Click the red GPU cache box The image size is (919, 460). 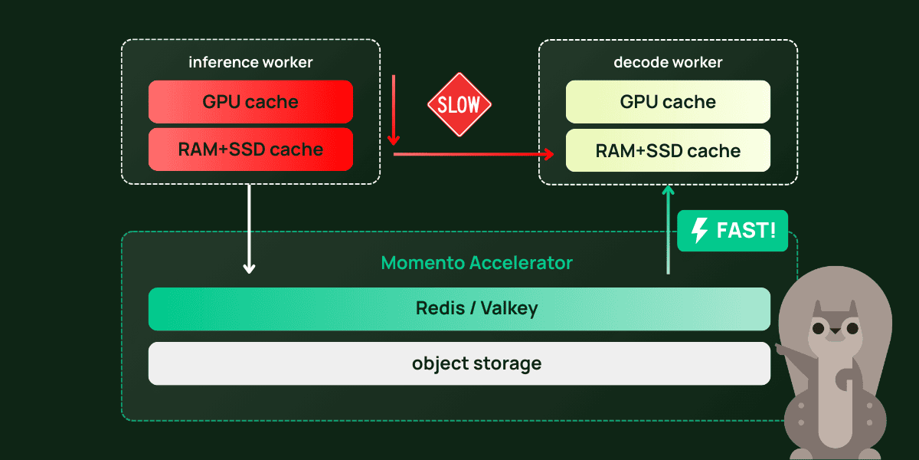point(250,102)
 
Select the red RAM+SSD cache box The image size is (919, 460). point(250,149)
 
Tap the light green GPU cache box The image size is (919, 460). point(668,102)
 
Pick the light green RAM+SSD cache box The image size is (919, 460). point(668,150)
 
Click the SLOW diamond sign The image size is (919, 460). point(459,105)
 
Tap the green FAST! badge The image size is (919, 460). point(732,231)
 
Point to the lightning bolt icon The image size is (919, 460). point(699,231)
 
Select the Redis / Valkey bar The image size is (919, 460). point(459,309)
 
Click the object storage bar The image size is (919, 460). point(459,363)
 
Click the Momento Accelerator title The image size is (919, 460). point(476,263)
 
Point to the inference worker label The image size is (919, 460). point(250,62)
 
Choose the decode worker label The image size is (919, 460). point(668,62)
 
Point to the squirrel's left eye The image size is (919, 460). point(819,329)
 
